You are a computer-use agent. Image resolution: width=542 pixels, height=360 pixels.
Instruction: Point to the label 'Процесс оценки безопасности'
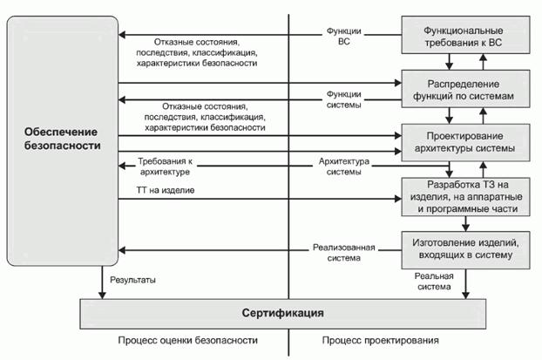(168, 340)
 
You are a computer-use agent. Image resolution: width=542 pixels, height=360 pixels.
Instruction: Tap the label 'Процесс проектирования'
(380, 340)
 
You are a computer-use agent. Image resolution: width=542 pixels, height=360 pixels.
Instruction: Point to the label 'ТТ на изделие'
(165, 190)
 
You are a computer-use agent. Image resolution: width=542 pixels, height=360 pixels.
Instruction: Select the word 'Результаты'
(134, 280)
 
